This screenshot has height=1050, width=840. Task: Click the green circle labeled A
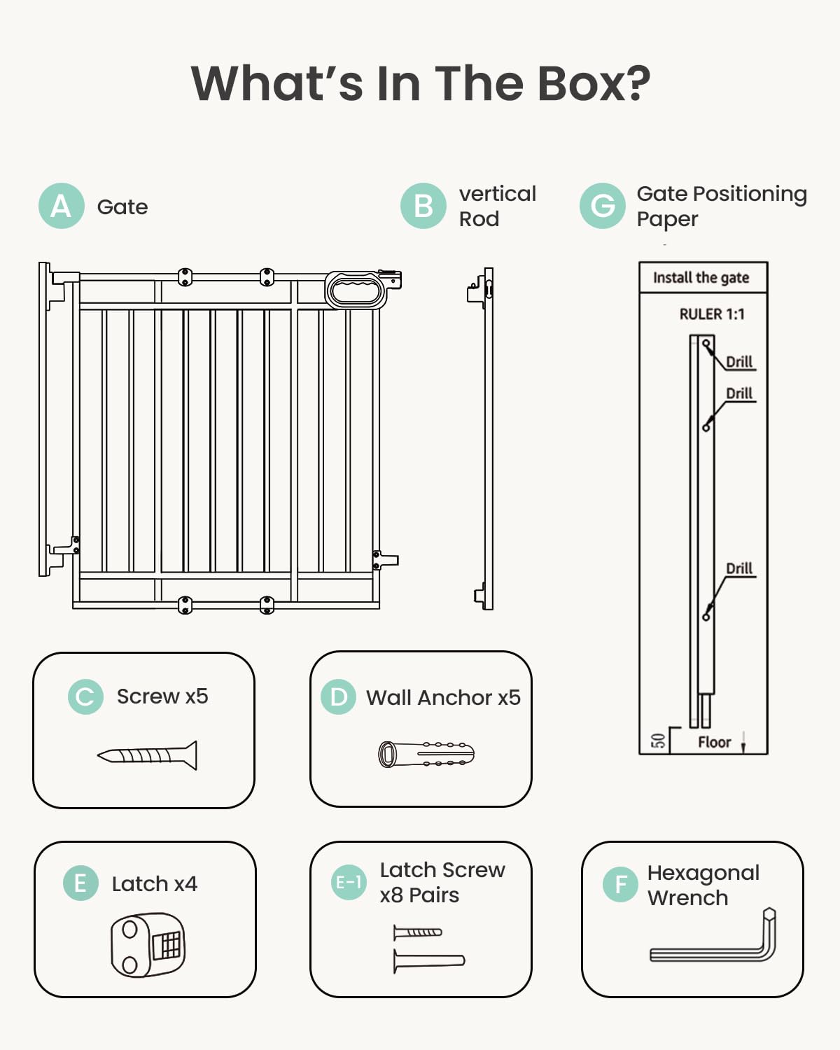click(x=62, y=206)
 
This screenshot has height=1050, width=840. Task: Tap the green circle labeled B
click(x=423, y=206)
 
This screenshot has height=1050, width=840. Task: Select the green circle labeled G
click(x=602, y=206)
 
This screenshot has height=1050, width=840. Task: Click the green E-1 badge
click(x=348, y=882)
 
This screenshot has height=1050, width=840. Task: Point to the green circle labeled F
click(x=620, y=884)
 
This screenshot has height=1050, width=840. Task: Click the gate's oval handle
click(x=356, y=289)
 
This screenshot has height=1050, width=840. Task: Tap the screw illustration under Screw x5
click(x=148, y=755)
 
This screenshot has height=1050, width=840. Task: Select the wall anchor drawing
click(x=426, y=754)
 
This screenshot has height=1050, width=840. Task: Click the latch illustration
click(x=148, y=945)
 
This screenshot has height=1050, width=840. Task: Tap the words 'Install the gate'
click(x=701, y=278)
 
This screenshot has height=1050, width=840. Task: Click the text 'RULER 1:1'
click(x=712, y=314)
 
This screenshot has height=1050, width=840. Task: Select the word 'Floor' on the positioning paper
click(x=714, y=742)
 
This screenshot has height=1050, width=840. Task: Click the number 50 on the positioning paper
click(x=658, y=741)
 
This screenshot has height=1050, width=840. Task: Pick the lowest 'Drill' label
click(x=739, y=568)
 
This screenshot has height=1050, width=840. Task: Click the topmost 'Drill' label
click(x=739, y=362)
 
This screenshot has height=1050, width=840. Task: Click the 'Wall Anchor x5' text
click(x=443, y=697)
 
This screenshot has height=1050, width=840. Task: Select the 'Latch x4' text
click(x=154, y=884)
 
